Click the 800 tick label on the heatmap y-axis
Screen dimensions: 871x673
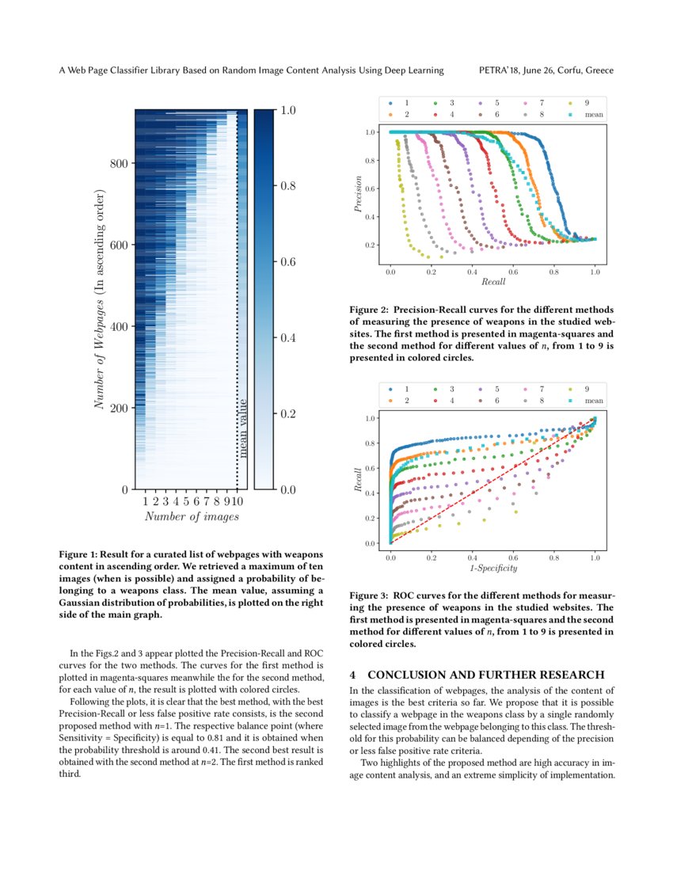[119, 164]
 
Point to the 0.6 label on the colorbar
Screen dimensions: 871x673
[287, 262]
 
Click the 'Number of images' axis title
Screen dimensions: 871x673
[192, 517]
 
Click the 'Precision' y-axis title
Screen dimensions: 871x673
[359, 194]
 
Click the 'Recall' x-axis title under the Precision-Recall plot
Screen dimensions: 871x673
[493, 282]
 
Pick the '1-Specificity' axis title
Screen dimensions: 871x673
[493, 569]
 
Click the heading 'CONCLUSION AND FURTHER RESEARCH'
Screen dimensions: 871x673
[486, 675]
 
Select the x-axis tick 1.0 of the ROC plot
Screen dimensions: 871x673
[595, 557]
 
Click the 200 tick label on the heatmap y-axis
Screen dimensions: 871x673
[119, 408]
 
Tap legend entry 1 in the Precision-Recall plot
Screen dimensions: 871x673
[407, 103]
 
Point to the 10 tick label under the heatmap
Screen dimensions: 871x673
[238, 501]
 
